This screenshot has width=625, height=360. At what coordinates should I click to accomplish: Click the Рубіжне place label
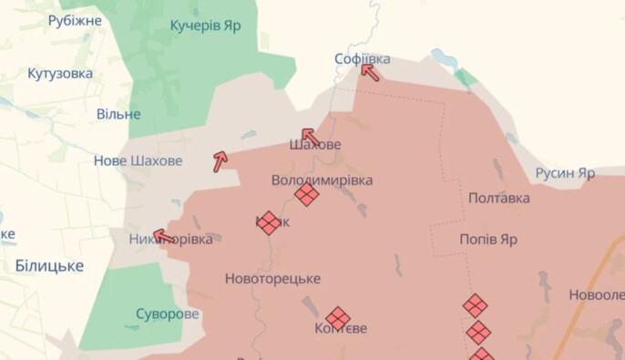click(x=75, y=20)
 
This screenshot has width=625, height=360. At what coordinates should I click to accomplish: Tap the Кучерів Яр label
click(x=206, y=25)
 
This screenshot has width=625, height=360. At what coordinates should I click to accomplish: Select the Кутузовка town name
click(x=60, y=73)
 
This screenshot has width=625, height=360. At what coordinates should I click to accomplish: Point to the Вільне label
click(x=118, y=114)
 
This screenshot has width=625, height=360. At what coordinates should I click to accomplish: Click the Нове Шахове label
click(x=138, y=161)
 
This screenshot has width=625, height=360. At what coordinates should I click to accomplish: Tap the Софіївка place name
click(x=362, y=59)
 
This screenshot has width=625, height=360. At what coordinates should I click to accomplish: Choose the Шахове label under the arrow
click(x=315, y=145)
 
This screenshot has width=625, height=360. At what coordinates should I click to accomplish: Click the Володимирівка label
click(x=322, y=180)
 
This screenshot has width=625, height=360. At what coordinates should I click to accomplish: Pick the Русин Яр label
click(x=565, y=172)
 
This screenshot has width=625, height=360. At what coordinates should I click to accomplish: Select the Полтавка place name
click(x=499, y=198)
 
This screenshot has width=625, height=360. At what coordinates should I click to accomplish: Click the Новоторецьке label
click(x=272, y=279)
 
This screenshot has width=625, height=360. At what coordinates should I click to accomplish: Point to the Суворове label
click(x=167, y=314)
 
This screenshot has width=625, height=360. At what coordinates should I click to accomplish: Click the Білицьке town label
click(x=49, y=265)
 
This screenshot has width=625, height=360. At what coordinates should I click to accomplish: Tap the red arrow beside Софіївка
click(x=369, y=70)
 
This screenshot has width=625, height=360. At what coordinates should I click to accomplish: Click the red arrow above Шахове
click(x=309, y=136)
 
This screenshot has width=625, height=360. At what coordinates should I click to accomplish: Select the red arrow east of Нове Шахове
click(x=220, y=161)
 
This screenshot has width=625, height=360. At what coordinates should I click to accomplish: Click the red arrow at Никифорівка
click(x=164, y=237)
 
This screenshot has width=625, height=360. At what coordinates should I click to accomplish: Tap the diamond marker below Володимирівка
click(x=307, y=194)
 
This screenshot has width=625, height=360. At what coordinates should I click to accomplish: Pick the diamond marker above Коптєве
click(x=338, y=317)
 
